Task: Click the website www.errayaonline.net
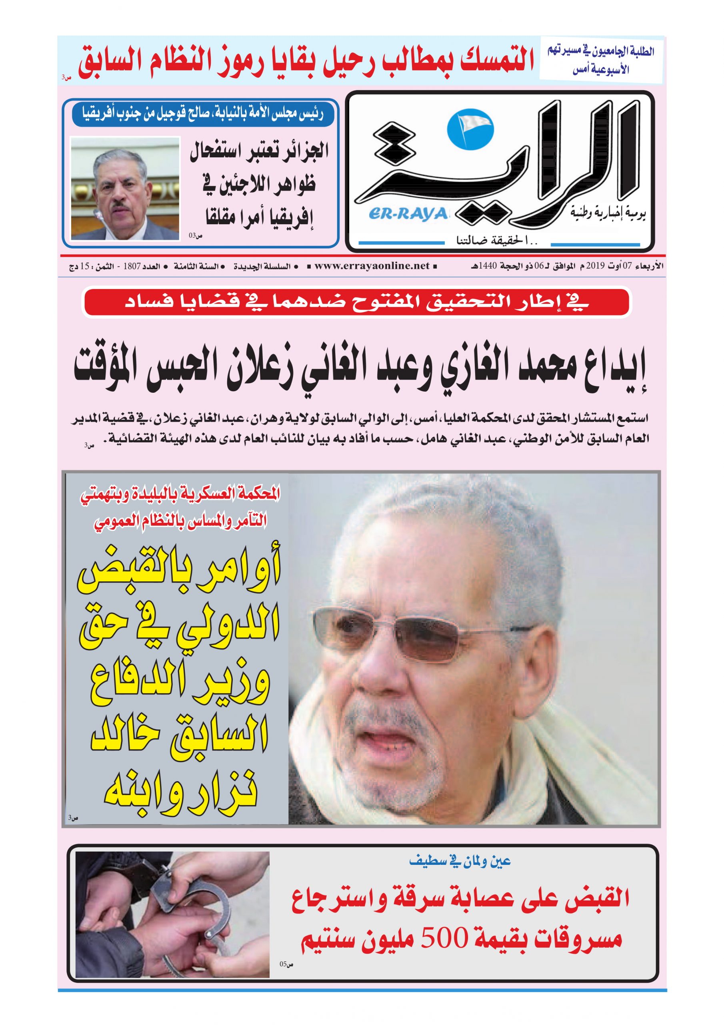point(372,266)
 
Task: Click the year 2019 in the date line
point(595,266)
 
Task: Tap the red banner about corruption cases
point(356,303)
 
